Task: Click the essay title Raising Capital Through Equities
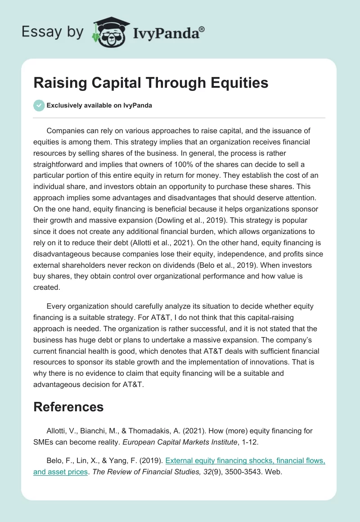tap(151, 83)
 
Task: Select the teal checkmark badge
tap(39, 105)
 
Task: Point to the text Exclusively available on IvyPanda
tap(99, 105)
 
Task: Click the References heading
tap(68, 407)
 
